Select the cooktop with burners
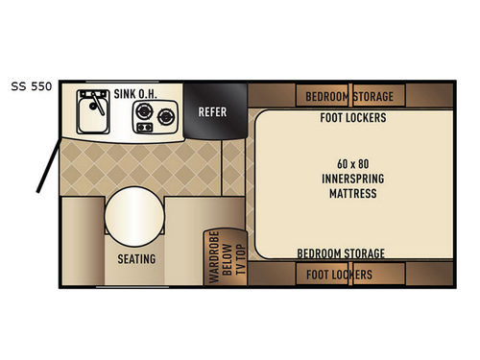click(x=155, y=122)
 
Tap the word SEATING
click(x=136, y=259)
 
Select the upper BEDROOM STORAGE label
click(x=349, y=97)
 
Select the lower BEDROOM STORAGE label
click(x=341, y=253)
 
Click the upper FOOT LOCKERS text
click(x=352, y=119)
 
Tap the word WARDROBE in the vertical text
click(x=213, y=256)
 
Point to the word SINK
click(x=126, y=94)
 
